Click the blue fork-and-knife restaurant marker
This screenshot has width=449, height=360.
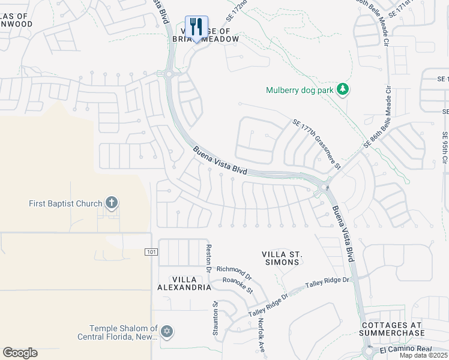click(x=196, y=28)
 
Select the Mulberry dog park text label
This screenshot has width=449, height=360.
click(x=299, y=91)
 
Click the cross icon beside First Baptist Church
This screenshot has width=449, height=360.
click(x=111, y=203)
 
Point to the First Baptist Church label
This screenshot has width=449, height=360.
click(x=65, y=203)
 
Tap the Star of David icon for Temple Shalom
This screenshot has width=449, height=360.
click(x=167, y=331)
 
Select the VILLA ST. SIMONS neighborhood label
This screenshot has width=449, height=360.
click(x=282, y=258)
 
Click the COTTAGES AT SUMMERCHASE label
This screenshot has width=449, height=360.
click(x=393, y=329)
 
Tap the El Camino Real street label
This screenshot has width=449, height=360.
click(x=406, y=349)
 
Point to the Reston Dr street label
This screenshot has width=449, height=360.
click(x=209, y=257)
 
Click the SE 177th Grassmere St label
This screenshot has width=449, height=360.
click(x=316, y=143)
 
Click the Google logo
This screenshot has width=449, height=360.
click(x=20, y=352)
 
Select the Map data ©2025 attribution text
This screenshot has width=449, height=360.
click(x=424, y=356)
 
